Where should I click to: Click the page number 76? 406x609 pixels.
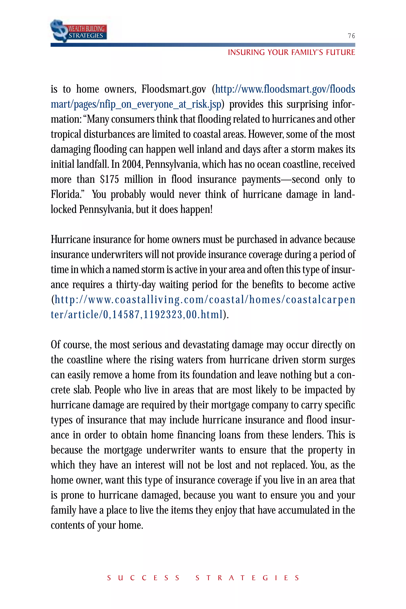[x=351, y=36]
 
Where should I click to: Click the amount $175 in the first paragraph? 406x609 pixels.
[x=109, y=179]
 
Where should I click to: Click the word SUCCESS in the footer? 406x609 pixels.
[x=143, y=578]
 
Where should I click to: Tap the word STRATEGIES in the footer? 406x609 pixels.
[x=247, y=578]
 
